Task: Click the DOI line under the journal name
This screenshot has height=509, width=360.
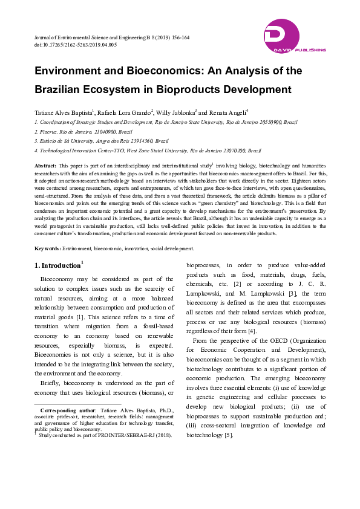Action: coord(76,45)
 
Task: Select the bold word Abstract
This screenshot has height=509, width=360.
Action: coord(46,165)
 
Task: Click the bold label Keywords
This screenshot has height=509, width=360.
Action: coord(47,248)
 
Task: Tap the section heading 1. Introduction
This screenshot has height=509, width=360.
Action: coord(57,265)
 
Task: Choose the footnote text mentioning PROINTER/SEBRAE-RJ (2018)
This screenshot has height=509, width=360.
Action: coord(102,435)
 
